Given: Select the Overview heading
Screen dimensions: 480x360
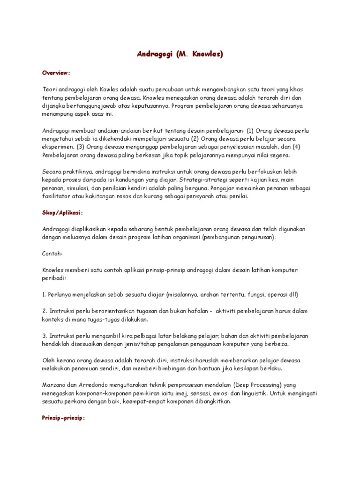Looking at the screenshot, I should coord(56,73).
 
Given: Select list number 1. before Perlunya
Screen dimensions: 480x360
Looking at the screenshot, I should coord(44,295).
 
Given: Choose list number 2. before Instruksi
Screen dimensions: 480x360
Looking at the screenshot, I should coord(44,312).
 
